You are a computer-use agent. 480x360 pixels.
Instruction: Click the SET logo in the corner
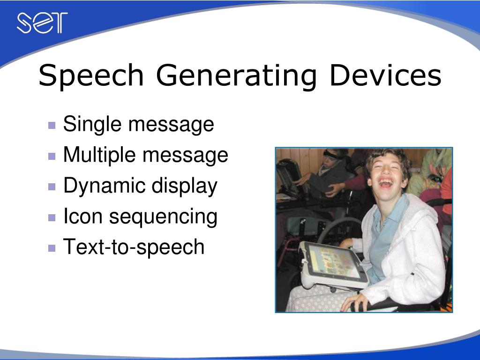click(x=42, y=23)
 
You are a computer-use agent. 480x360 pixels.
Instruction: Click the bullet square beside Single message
click(x=52, y=125)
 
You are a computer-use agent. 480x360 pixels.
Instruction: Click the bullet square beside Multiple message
click(x=52, y=156)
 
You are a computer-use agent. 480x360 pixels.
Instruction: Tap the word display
click(x=184, y=186)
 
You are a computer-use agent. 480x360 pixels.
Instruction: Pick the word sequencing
click(x=163, y=217)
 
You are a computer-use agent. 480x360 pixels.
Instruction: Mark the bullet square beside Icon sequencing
click(x=52, y=217)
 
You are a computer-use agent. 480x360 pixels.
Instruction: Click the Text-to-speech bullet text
click(x=134, y=247)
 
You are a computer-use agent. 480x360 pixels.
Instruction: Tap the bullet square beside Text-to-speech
click(x=52, y=248)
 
